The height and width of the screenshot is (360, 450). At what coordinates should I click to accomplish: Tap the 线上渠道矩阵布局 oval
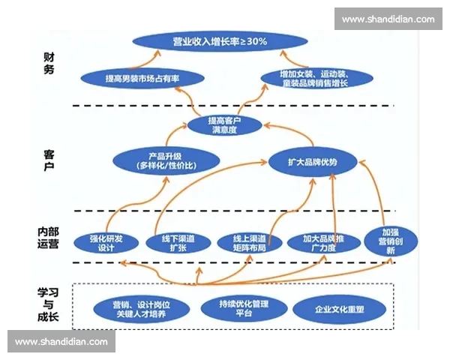[247, 242]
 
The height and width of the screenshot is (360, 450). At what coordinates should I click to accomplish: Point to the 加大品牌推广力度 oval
[319, 242]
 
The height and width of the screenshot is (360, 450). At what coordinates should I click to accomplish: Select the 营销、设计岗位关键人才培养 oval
[141, 309]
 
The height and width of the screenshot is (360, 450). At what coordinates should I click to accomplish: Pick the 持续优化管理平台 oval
[244, 308]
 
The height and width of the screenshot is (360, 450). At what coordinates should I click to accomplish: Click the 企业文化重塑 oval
[340, 309]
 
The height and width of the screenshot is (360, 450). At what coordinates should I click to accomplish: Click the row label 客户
[49, 162]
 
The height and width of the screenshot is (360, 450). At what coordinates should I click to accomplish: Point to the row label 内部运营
[48, 237]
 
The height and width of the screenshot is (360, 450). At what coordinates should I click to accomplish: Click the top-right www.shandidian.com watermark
[388, 19]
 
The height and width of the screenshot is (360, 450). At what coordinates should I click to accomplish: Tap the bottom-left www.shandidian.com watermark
[62, 341]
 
